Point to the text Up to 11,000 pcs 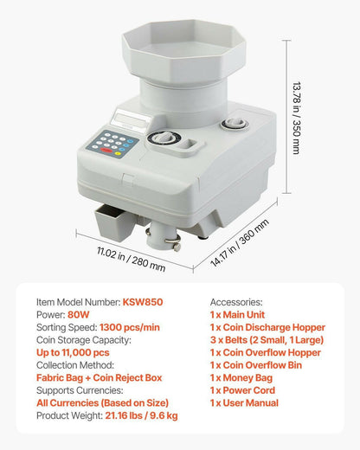click(x=73, y=353)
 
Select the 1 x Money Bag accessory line click(x=247, y=378)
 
